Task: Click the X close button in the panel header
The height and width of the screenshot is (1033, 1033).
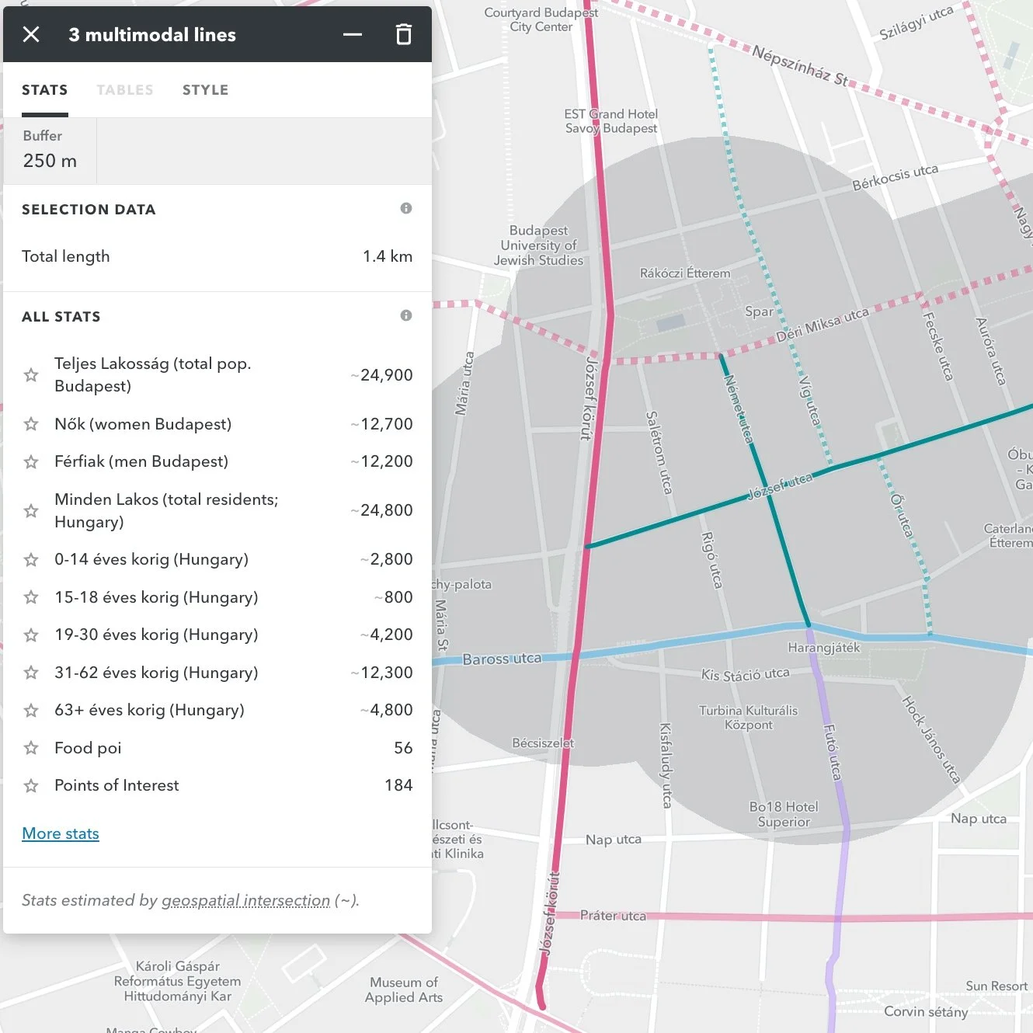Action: pyautogui.click(x=31, y=34)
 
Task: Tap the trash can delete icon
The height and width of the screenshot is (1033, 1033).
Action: pyautogui.click(x=403, y=34)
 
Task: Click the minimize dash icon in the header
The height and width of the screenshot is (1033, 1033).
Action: pyautogui.click(x=353, y=34)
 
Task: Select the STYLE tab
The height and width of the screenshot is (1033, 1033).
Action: pyautogui.click(x=205, y=90)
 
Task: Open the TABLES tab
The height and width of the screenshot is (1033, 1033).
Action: pyautogui.click(x=125, y=90)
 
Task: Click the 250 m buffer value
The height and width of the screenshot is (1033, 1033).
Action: pyautogui.click(x=50, y=161)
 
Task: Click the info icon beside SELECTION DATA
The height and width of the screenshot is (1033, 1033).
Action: pyautogui.click(x=406, y=208)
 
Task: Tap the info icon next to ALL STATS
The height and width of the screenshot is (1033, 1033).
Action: pyautogui.click(x=406, y=315)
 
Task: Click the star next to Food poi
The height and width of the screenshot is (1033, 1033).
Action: pyautogui.click(x=31, y=748)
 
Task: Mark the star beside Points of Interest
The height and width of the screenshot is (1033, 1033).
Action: pyautogui.click(x=31, y=786)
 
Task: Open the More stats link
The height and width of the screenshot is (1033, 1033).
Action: pyautogui.click(x=61, y=833)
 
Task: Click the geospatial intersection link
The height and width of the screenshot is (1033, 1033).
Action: pyautogui.click(x=245, y=900)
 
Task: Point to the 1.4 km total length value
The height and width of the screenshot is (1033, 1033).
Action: pyautogui.click(x=388, y=256)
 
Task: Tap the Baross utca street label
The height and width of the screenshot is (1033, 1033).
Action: pyautogui.click(x=502, y=659)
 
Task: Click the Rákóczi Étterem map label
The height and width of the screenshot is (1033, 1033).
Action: pyautogui.click(x=685, y=273)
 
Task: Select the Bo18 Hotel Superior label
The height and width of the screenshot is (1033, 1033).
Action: pyautogui.click(x=784, y=814)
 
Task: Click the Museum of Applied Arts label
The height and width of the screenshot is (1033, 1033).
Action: pyautogui.click(x=404, y=990)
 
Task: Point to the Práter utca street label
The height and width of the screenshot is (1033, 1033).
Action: pyautogui.click(x=613, y=916)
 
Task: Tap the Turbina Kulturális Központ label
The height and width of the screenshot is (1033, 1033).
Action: pyautogui.click(x=748, y=717)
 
